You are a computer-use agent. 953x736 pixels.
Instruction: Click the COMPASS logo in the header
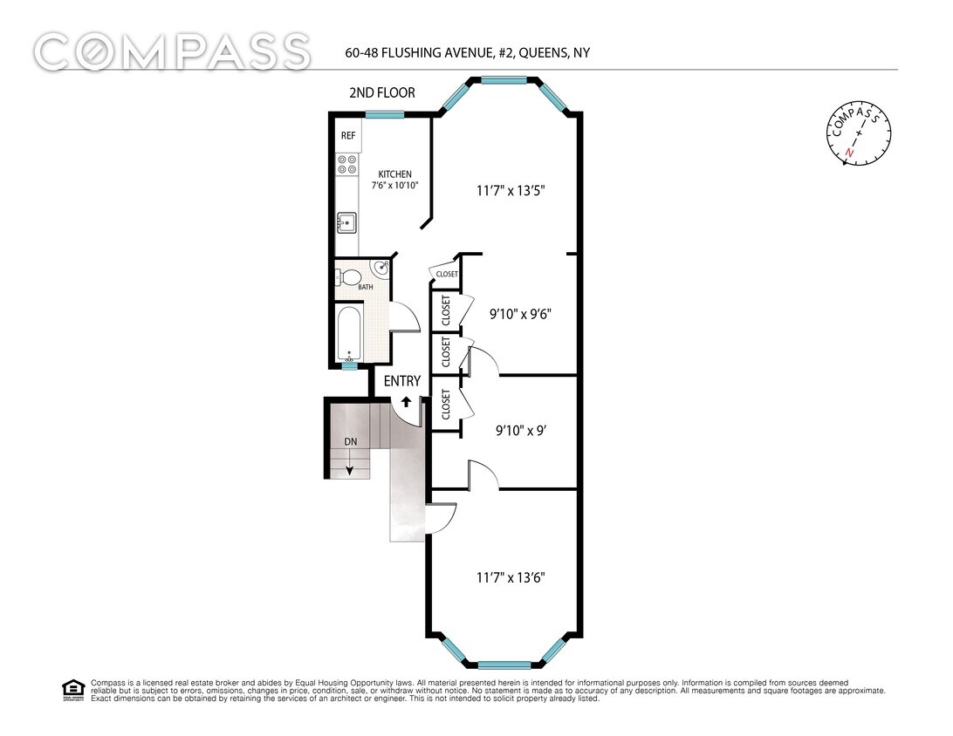pos(172,51)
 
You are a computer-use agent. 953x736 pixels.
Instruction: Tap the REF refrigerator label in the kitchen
pos(348,136)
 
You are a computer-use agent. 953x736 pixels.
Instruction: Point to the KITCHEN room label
pos(394,174)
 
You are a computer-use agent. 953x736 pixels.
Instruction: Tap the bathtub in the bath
pos(349,334)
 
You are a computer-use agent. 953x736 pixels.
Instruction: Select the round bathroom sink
pos(381,268)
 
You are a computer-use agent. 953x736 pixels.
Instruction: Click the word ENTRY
pos(402,381)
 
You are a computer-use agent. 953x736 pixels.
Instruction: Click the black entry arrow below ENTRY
pos(407,401)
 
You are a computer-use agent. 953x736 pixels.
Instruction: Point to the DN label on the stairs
pos(350,442)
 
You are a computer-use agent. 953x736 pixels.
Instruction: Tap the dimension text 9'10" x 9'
pos(521,430)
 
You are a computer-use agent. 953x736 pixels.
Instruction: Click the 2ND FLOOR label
pos(382,92)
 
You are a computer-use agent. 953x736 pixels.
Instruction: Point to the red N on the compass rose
pos(848,153)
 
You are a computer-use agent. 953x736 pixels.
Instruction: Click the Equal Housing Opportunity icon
pos(73,690)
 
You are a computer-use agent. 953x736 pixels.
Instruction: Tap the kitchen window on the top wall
pos(384,114)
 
